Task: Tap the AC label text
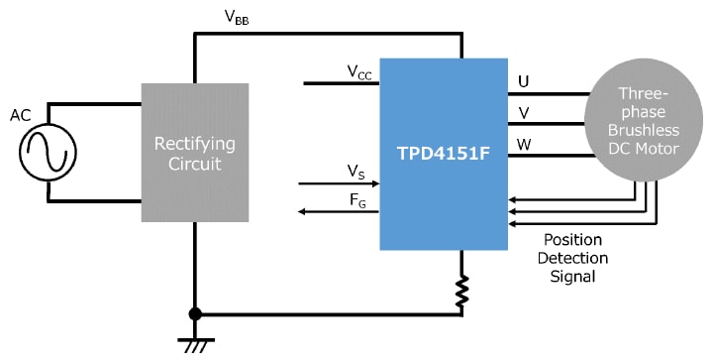pos(21,115)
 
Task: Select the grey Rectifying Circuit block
pos(194,153)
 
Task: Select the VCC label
pos(359,71)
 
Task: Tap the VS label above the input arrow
pos(356,173)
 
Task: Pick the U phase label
pos(523,81)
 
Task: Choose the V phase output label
pos(523,112)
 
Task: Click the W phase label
pos(524,144)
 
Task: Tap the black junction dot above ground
pos(194,314)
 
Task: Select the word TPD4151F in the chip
pos(443,155)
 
